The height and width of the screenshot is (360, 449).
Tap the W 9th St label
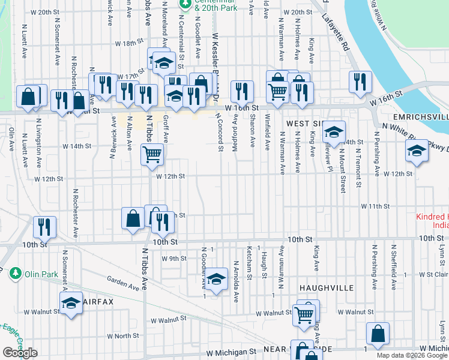pos(174,259)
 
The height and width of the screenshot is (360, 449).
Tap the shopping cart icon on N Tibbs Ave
pos(152,154)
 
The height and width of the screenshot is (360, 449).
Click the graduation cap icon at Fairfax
pos(71,303)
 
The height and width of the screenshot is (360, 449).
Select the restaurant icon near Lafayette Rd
pos(359,82)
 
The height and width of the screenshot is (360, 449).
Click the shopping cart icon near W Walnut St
pos(304,314)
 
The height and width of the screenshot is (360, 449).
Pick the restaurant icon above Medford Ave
pos(241,91)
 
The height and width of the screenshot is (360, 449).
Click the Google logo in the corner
pos(20,353)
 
